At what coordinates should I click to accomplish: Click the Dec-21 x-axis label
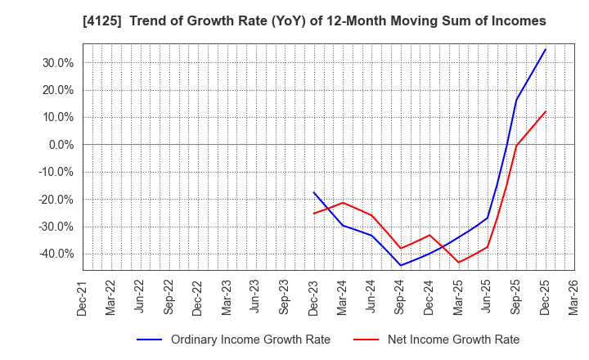point(83,296)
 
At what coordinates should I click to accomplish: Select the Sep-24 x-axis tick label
point(400,296)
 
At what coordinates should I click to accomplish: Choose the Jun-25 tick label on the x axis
point(487,296)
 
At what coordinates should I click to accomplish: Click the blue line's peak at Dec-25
point(546,49)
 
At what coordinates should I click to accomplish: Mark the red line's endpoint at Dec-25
point(546,111)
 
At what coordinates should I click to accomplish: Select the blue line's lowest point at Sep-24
point(401,265)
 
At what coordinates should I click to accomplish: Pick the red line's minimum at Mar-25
point(459,263)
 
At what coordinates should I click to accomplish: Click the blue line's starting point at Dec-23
point(314,192)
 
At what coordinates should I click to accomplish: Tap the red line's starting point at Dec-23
point(314,214)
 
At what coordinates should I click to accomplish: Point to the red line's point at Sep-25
point(516,146)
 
